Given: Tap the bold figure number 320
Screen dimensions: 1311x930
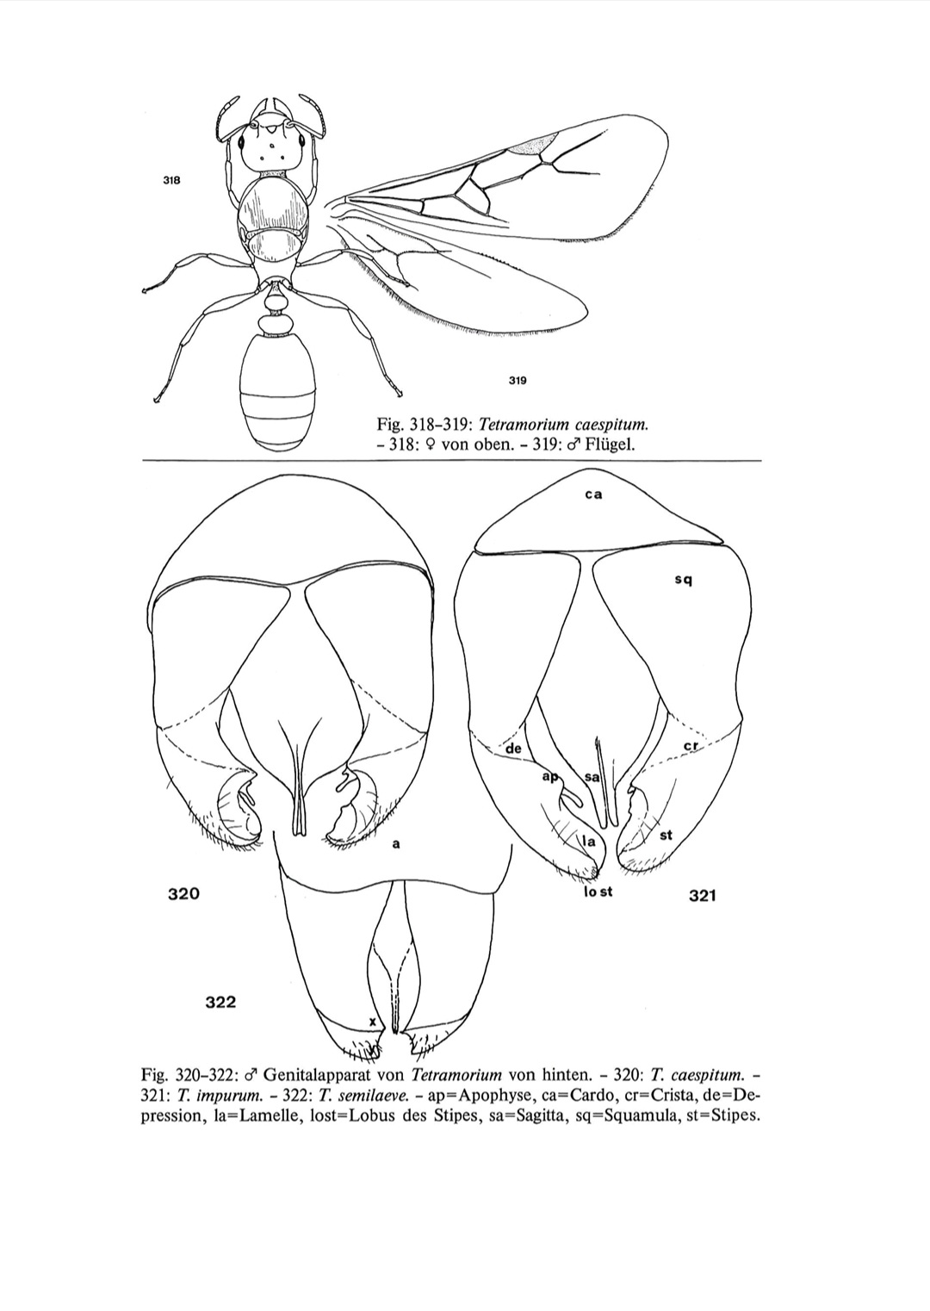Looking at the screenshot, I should pos(183,894).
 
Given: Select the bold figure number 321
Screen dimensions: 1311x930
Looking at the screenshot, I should pos(703,896).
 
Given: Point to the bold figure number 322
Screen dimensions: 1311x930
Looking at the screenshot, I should pos(220,1002).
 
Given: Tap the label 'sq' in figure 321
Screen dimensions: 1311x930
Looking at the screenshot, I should pos(684,580).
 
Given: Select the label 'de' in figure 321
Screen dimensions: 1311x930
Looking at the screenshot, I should pos(514,749).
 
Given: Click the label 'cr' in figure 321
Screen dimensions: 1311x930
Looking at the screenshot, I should pos(690,744).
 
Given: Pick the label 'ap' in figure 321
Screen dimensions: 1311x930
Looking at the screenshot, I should pos(549,777).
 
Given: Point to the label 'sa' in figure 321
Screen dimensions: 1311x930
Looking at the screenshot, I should pos(592,777).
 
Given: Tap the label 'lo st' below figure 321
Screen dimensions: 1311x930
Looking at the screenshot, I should pos(598,892).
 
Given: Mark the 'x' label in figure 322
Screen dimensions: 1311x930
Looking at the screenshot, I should pos(372,1021).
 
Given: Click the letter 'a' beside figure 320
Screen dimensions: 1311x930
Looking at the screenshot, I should pos(395,844).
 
